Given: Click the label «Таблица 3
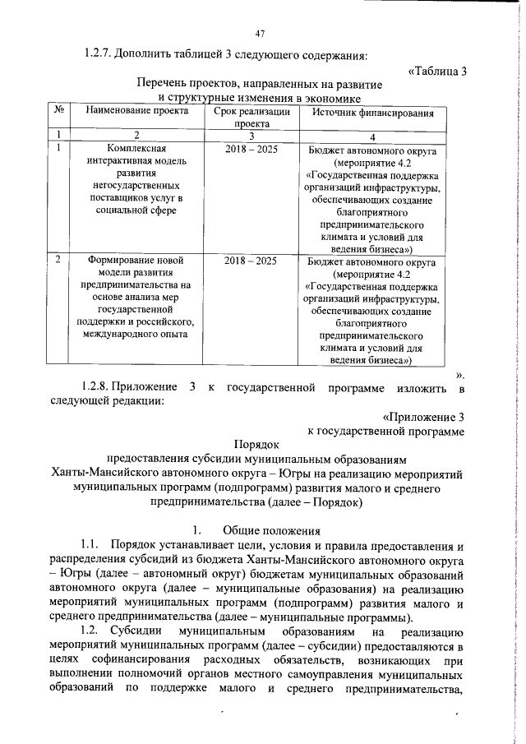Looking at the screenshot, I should pos(437,71).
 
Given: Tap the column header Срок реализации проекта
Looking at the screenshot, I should pos(251,117).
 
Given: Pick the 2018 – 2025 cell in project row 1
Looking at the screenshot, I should pos(251,150).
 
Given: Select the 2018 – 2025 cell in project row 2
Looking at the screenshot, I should pos(251,261).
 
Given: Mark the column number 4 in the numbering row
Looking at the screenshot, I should pos(372,136).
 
